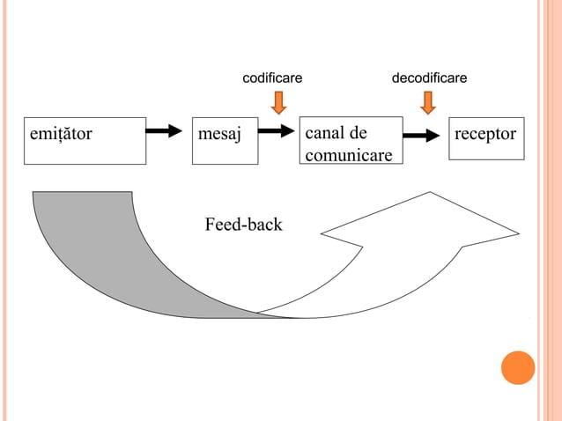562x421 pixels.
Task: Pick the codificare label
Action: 272,78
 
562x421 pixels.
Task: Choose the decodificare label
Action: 429,78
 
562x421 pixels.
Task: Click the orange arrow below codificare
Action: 278,103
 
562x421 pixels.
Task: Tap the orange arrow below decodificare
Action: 428,103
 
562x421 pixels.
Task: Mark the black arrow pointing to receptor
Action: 421,136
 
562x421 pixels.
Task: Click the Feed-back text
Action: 243,225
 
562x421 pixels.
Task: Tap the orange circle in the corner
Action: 518,367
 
